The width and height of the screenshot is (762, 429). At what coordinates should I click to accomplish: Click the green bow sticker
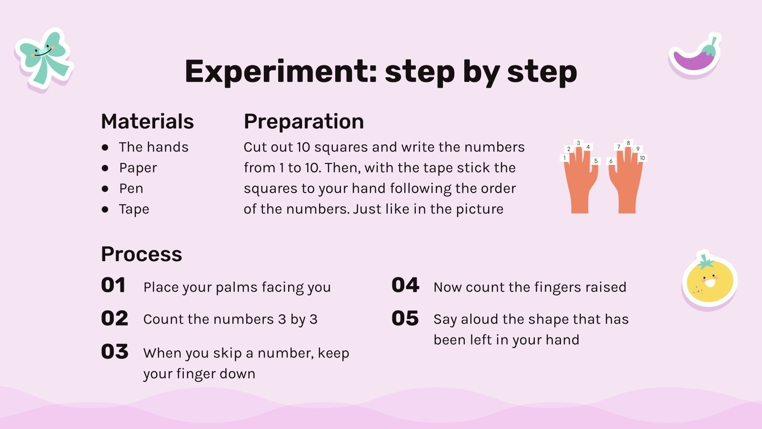(43, 60)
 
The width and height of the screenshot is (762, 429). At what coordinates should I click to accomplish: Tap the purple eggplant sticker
(695, 56)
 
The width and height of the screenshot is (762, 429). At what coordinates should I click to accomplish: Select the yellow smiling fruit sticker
(710, 280)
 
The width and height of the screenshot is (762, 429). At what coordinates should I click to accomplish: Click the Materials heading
(147, 121)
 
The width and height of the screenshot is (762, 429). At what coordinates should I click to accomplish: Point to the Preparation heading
(304, 122)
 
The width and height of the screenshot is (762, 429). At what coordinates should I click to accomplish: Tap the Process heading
(141, 255)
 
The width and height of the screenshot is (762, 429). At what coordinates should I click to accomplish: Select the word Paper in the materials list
(138, 168)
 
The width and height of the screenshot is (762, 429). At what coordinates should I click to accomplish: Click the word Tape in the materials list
(134, 209)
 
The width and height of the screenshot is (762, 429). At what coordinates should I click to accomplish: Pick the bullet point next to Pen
(105, 189)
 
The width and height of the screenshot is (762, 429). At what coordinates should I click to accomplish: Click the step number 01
(113, 286)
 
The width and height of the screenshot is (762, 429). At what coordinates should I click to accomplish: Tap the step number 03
(115, 351)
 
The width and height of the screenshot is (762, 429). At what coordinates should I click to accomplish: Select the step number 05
(405, 319)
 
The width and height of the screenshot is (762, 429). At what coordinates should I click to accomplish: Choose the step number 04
(405, 286)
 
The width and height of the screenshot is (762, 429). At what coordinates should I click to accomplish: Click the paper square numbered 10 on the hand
(642, 158)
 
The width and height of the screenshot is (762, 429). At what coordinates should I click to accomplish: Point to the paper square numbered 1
(564, 158)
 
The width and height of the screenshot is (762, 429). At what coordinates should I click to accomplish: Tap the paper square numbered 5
(596, 161)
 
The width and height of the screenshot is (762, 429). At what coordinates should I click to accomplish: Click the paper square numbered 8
(628, 143)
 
